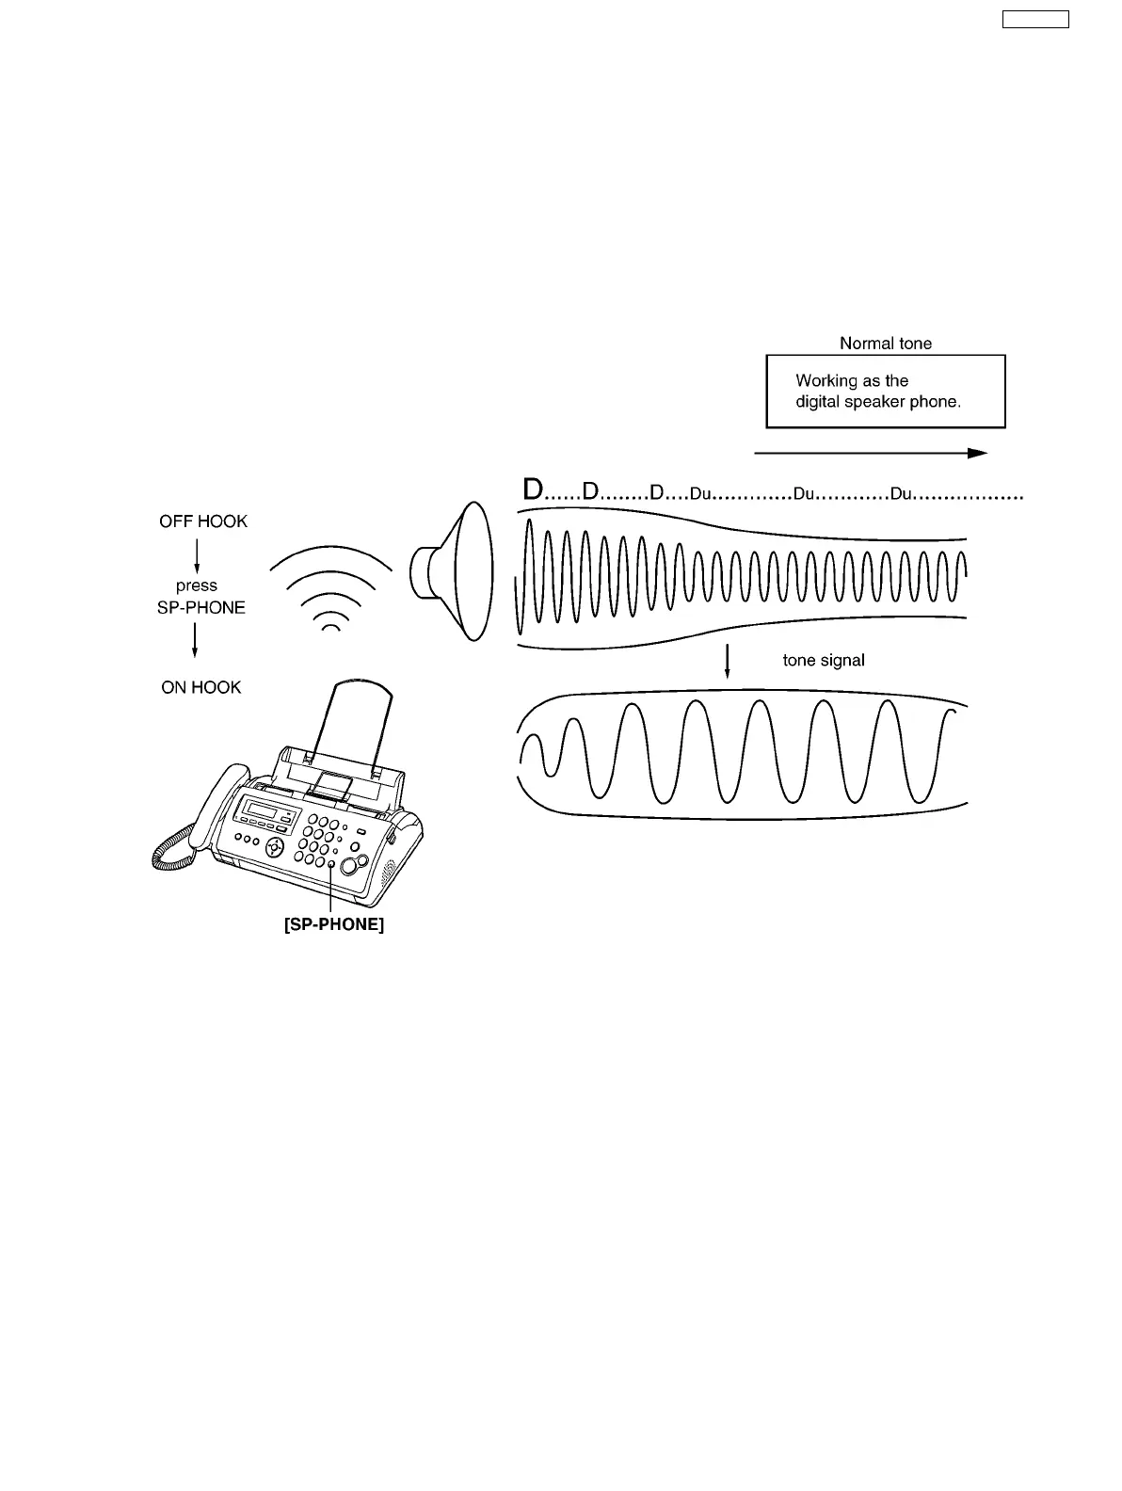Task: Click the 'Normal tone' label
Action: (885, 344)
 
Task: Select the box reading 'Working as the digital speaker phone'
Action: (885, 392)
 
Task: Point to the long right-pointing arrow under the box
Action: (871, 453)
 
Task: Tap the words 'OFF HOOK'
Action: (203, 521)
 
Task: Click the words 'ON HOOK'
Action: (201, 687)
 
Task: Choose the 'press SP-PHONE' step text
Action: (200, 597)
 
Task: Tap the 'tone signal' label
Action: (824, 661)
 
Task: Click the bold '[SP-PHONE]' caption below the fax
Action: (333, 925)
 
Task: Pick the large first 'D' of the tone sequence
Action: (533, 490)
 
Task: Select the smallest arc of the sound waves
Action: (330, 628)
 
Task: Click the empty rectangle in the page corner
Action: (1034, 19)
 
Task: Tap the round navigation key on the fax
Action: (274, 845)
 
